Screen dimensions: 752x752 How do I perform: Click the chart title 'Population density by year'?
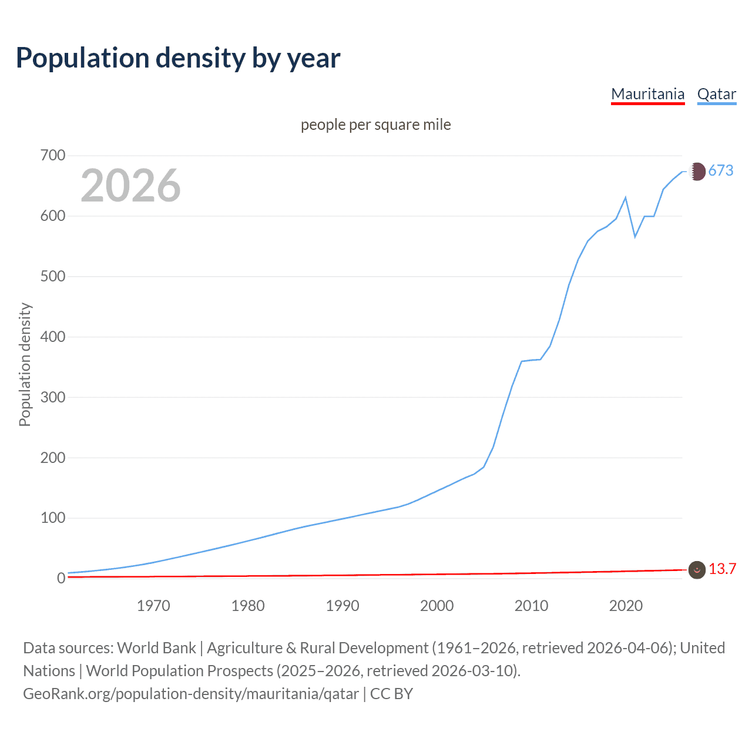pyautogui.click(x=178, y=58)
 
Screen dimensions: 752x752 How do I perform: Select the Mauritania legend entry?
pyautogui.click(x=647, y=94)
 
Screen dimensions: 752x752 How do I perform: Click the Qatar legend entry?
pyautogui.click(x=716, y=94)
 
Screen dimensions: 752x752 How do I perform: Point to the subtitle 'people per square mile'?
pyautogui.click(x=375, y=125)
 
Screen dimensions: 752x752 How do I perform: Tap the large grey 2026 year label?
pyautogui.click(x=130, y=186)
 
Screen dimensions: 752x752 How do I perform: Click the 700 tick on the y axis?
pyautogui.click(x=53, y=156)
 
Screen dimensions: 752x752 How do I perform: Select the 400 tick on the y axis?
pyautogui.click(x=53, y=337)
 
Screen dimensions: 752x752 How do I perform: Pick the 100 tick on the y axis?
pyautogui.click(x=53, y=518)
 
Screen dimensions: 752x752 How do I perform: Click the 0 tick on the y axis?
pyautogui.click(x=61, y=579)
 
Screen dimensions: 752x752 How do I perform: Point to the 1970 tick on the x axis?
pyautogui.click(x=153, y=606)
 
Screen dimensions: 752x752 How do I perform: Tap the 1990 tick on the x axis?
pyautogui.click(x=343, y=606)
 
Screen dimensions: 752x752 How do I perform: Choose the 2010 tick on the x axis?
pyautogui.click(x=531, y=606)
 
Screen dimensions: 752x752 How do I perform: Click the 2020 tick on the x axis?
pyautogui.click(x=626, y=606)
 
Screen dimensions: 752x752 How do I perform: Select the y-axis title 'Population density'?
pyautogui.click(x=25, y=364)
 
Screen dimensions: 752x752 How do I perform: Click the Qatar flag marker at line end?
pyautogui.click(x=697, y=172)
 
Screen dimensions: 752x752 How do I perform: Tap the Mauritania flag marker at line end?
pyautogui.click(x=697, y=570)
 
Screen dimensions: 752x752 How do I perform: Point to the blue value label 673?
pyautogui.click(x=721, y=171)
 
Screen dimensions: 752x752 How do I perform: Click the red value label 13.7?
pyautogui.click(x=722, y=569)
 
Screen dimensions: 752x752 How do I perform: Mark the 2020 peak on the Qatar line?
pyautogui.click(x=626, y=197)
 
